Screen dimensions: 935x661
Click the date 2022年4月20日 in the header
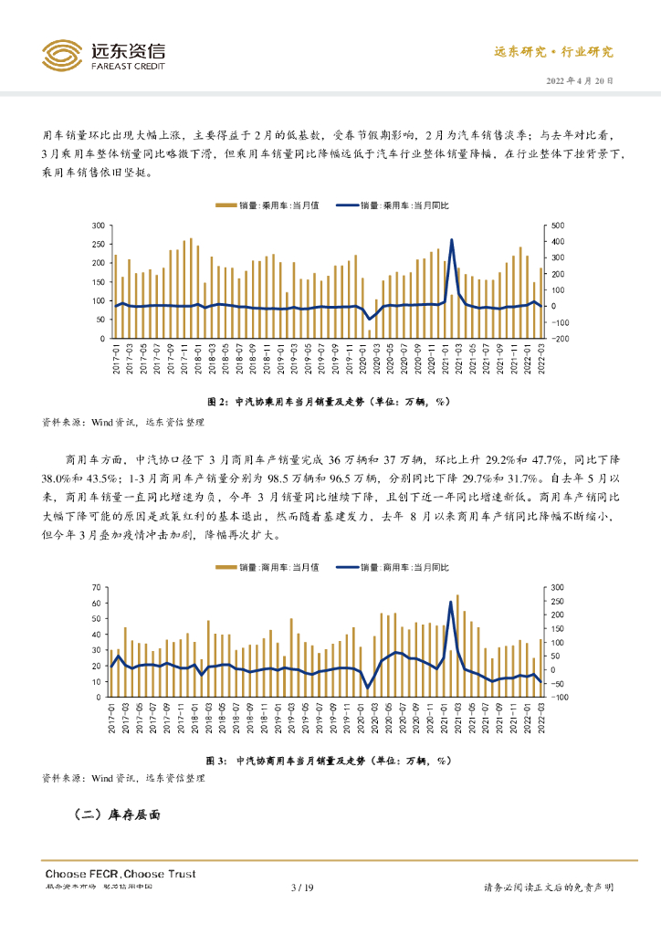(580, 80)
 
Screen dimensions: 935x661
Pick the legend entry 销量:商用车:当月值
(266, 567)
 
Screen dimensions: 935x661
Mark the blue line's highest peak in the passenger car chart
(452, 240)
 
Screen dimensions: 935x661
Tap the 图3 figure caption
(330, 760)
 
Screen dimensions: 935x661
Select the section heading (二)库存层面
(116, 815)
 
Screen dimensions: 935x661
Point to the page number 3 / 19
(302, 888)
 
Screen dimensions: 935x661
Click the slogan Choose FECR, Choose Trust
(120, 874)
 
